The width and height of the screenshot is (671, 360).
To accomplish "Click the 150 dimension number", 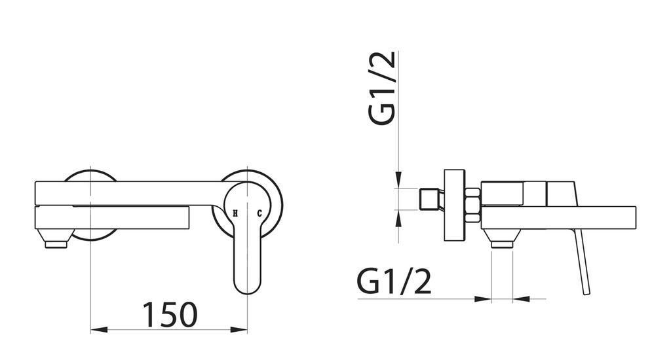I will coord(170,314).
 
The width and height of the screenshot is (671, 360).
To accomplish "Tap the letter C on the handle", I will coord(259,213).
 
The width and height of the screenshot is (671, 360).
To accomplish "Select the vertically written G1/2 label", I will coord(382,88).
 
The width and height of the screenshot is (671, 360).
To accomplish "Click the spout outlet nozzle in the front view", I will coord(56,245).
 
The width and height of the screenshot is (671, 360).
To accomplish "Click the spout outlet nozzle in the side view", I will coord(502,244).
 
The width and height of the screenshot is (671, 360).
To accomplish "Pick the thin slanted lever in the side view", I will coord(583,262).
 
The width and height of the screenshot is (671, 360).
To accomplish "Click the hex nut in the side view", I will coord(472,204).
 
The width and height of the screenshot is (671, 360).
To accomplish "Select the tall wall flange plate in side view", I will coord(454,205).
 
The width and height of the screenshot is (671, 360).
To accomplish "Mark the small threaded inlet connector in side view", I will coord(429,199).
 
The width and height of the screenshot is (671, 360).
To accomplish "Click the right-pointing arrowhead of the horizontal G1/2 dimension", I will coord(484,299).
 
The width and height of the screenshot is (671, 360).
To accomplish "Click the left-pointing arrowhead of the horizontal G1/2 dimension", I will coord(521,299).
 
